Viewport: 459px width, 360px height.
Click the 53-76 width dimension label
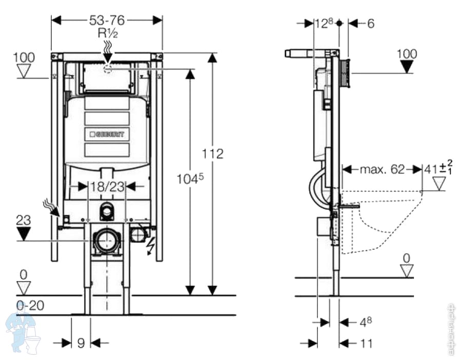coord(107,20)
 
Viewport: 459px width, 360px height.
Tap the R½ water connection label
coord(108,33)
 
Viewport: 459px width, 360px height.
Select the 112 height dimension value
coord(213,153)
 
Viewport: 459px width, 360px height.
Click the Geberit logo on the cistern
coord(107,134)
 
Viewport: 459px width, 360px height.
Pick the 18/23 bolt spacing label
coord(107,186)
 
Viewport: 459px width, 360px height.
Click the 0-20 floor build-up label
coord(30,306)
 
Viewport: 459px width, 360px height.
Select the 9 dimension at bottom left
coord(81,343)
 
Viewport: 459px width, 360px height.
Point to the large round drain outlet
coord(107,240)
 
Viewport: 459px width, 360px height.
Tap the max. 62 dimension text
coord(382,169)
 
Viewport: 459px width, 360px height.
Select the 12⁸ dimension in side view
coord(324,23)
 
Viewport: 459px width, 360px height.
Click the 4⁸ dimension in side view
coord(365,322)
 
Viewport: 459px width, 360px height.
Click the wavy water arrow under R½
coord(108,50)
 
